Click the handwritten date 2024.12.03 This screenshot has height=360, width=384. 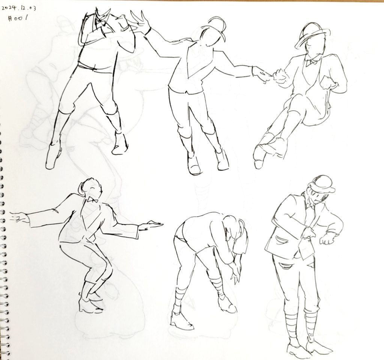pos(19,8)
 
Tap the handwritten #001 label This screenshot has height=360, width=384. pos(17,18)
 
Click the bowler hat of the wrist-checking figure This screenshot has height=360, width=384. pos(321,184)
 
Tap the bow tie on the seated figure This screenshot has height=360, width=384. pos(313,62)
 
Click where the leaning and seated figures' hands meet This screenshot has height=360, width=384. pos(267,75)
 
